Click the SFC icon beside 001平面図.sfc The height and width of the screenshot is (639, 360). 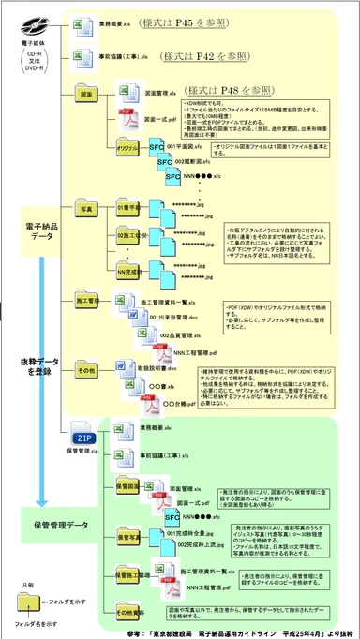coord(157,147)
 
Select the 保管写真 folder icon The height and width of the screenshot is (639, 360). coord(127,537)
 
